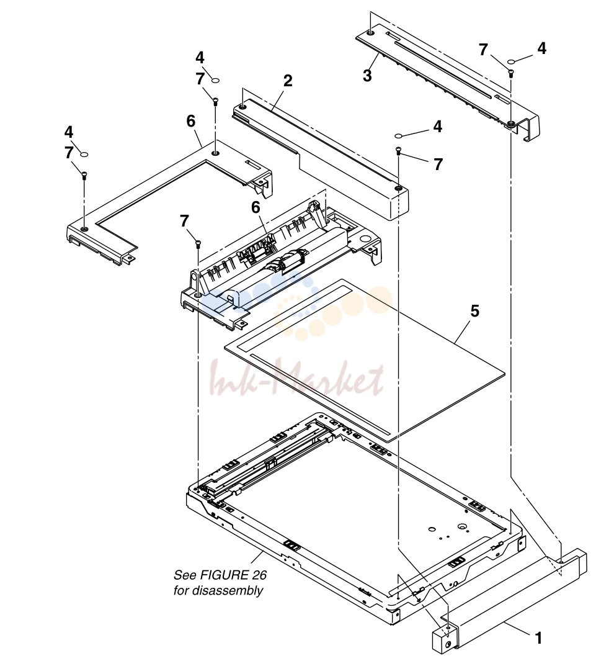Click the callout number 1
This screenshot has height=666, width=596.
tap(538, 637)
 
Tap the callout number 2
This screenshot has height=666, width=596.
tap(288, 81)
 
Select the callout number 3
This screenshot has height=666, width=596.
tap(367, 76)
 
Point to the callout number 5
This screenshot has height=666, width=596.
tap(474, 311)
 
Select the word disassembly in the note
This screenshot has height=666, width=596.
tap(227, 590)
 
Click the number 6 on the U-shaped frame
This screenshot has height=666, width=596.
tap(190, 122)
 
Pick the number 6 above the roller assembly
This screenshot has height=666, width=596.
tap(256, 207)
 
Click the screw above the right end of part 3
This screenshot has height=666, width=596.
tap(511, 73)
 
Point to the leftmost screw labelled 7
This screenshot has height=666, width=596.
tap(84, 174)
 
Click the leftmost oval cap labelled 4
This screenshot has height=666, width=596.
tap(84, 154)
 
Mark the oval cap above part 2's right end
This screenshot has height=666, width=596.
tap(399, 135)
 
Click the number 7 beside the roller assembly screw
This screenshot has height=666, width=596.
tap(184, 221)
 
